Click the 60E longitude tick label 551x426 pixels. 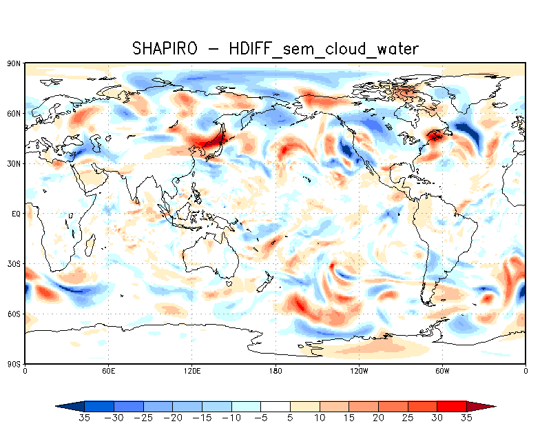(x=108, y=371)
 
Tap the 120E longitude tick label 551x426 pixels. (x=191, y=371)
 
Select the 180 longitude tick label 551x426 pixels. (x=275, y=371)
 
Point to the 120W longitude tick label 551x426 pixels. (x=358, y=371)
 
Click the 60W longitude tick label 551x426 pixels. (x=442, y=371)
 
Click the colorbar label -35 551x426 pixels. (x=85, y=418)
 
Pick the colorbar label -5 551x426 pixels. (x=262, y=418)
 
